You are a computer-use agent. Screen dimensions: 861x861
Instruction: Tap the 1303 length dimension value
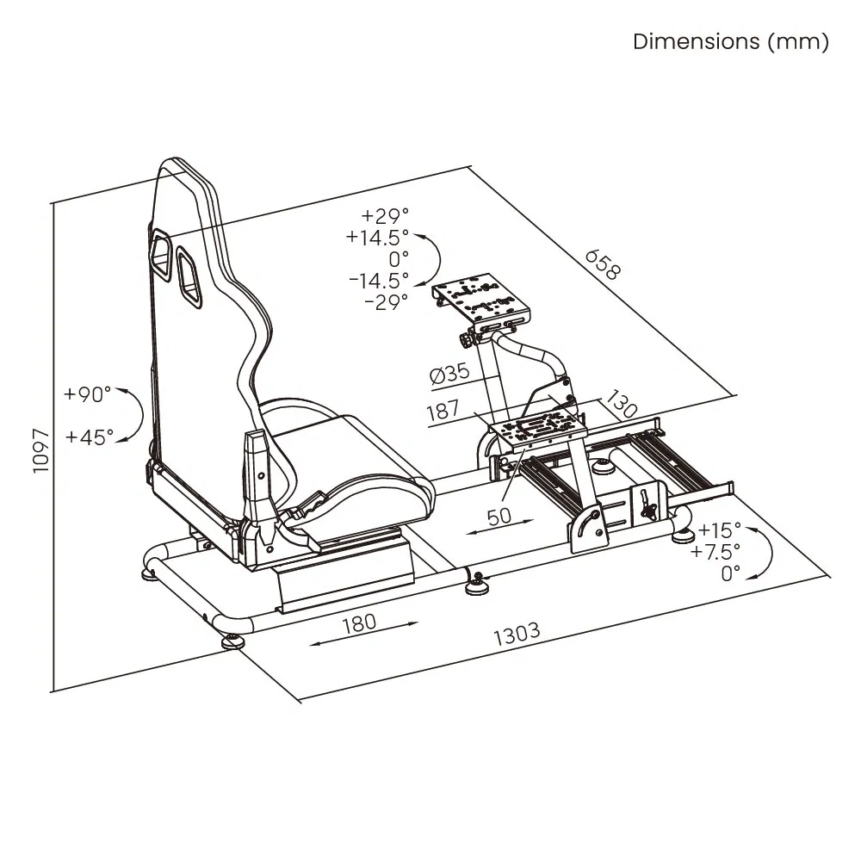[517, 633]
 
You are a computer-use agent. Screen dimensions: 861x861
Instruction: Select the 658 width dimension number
[602, 265]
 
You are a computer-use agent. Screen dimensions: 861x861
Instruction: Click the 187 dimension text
[443, 411]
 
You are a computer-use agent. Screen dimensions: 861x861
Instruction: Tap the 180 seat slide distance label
[359, 622]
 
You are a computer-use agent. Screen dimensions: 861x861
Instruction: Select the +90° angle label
[88, 395]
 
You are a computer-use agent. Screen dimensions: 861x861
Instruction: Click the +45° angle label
[88, 437]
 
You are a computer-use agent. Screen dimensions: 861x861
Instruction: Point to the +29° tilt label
[386, 215]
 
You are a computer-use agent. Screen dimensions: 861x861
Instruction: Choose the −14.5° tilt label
[379, 280]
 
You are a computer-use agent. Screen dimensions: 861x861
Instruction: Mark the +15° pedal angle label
[720, 530]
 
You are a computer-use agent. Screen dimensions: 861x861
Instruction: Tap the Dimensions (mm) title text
[731, 41]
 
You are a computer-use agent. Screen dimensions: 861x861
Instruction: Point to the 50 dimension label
[499, 516]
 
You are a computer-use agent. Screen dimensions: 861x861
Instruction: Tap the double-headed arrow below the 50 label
[499, 531]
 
